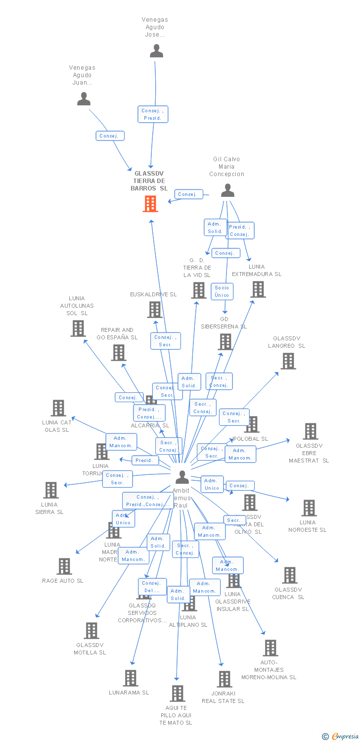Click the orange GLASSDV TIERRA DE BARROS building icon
pyautogui.click(x=150, y=204)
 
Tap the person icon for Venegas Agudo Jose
pyautogui.click(x=156, y=51)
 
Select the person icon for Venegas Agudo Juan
pyautogui.click(x=84, y=99)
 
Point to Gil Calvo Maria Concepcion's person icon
pyautogui.click(x=227, y=190)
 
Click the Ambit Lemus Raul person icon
pyautogui.click(x=182, y=477)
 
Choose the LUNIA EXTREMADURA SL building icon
pyautogui.click(x=258, y=289)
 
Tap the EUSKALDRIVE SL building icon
pyautogui.click(x=155, y=310)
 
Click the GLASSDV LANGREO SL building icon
pyautogui.click(x=288, y=361)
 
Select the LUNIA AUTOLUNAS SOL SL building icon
pyautogui.click(x=78, y=328)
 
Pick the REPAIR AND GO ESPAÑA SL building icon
pyautogui.click(x=118, y=353)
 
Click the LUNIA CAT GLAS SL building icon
pyautogui.click(x=58, y=408)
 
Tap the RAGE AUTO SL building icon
pyautogui.click(x=64, y=566)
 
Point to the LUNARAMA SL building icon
pyautogui.click(x=130, y=678)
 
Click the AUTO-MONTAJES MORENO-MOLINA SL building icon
pyautogui.click(x=270, y=648)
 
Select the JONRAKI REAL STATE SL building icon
pyautogui.click(x=224, y=679)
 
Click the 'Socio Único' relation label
pyautogui.click(x=222, y=291)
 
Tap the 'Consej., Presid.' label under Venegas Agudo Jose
pyautogui.click(x=153, y=114)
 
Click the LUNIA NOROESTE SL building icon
pyautogui.click(x=309, y=508)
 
